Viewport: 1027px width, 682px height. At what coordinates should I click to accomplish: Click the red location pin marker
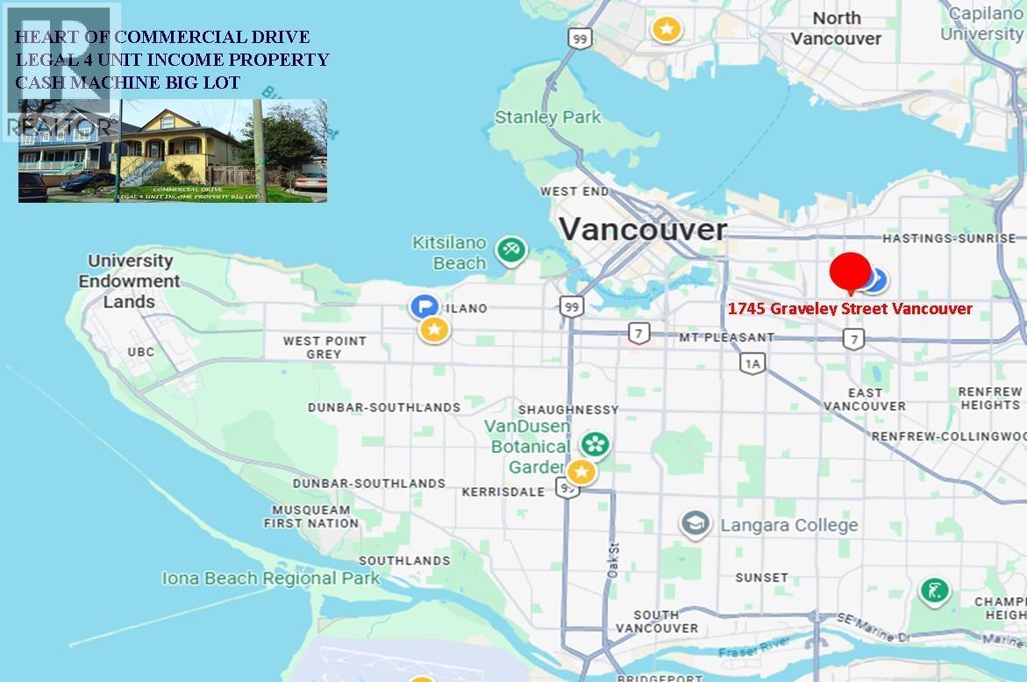[849, 271]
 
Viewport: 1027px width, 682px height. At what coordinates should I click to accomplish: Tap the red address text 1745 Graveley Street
[850, 309]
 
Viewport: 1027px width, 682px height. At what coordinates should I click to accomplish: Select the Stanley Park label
[548, 117]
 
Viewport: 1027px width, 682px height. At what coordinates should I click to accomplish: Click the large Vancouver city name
[643, 230]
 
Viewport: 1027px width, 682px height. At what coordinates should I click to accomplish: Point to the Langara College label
[788, 526]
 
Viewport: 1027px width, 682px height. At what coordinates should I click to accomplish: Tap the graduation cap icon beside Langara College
[695, 525]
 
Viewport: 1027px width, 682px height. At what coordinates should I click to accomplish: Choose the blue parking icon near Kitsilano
[424, 306]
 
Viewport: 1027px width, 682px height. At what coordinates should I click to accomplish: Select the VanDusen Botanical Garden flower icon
[596, 444]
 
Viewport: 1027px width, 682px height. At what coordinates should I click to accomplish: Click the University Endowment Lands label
[129, 281]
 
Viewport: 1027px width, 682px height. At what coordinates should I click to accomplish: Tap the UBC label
[140, 352]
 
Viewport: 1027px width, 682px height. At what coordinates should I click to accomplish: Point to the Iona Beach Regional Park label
[271, 578]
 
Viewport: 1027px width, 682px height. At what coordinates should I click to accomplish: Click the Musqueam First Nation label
[311, 516]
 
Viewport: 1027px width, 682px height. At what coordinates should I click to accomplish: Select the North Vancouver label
[836, 28]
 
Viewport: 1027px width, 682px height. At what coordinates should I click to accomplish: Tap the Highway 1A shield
[752, 363]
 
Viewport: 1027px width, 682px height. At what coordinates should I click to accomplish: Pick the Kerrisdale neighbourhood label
[503, 492]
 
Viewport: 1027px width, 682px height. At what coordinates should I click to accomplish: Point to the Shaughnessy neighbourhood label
[568, 410]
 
